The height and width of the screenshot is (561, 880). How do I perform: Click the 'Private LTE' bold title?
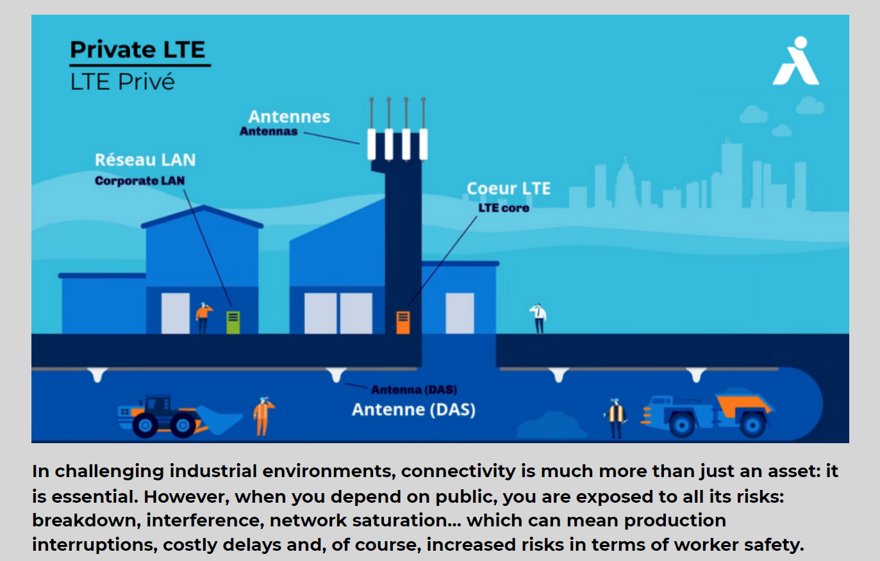138,49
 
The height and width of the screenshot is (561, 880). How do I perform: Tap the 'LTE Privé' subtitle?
122,82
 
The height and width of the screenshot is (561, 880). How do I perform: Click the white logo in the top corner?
796,61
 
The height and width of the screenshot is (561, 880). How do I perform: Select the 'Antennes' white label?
289,117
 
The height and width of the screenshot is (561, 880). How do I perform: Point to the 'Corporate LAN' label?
140,181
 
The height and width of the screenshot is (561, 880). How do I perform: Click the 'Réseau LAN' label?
145,159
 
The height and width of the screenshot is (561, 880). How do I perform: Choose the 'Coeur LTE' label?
509,188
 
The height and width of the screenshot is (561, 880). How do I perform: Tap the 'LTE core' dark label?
504,207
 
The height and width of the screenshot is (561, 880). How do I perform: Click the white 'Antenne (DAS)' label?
413,409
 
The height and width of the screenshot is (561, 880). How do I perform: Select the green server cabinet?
233,322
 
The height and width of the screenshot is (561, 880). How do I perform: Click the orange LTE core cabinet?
403,322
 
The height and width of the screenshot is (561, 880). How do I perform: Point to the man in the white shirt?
538,318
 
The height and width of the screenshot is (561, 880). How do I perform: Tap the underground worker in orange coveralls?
263,416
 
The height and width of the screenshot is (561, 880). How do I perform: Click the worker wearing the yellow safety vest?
615,418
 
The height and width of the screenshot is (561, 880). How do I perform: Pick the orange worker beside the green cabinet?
203,318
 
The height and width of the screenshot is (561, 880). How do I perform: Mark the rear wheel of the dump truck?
753,425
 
